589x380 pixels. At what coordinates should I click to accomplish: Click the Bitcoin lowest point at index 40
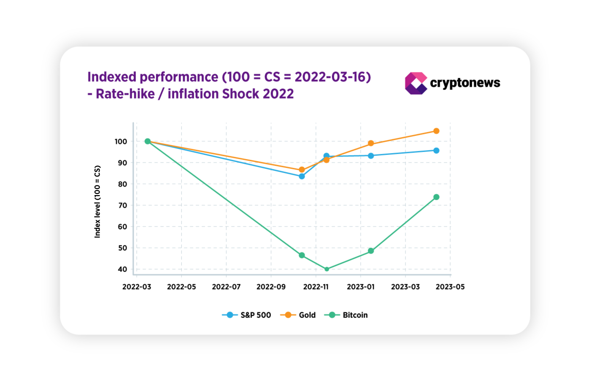tap(327, 269)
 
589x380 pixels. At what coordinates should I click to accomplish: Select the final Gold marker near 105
tap(436, 131)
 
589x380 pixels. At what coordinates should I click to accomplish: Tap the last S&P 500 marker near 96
tap(436, 150)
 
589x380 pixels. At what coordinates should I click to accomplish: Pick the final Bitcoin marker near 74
tap(436, 197)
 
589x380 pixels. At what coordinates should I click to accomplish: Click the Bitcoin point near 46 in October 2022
tap(302, 255)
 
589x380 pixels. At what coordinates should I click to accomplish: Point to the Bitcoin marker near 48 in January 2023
tap(371, 251)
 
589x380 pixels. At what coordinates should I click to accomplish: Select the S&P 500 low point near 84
tap(302, 176)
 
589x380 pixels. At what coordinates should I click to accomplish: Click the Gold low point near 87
tap(302, 170)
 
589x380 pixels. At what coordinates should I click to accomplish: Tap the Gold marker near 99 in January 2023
tap(371, 143)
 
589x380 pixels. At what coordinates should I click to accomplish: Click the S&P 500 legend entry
tap(246, 315)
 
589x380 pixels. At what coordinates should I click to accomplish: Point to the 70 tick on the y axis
tap(122, 205)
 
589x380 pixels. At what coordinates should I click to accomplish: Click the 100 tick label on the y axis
tap(121, 141)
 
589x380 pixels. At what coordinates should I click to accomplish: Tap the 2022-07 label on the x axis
tap(226, 287)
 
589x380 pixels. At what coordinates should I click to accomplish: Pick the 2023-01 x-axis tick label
tap(361, 287)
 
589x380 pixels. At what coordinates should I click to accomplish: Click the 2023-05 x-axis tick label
tap(450, 287)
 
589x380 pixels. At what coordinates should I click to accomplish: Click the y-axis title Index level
tap(97, 201)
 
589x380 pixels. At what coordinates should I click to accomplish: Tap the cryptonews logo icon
tap(416, 83)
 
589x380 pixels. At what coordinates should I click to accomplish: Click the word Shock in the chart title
tap(240, 93)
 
